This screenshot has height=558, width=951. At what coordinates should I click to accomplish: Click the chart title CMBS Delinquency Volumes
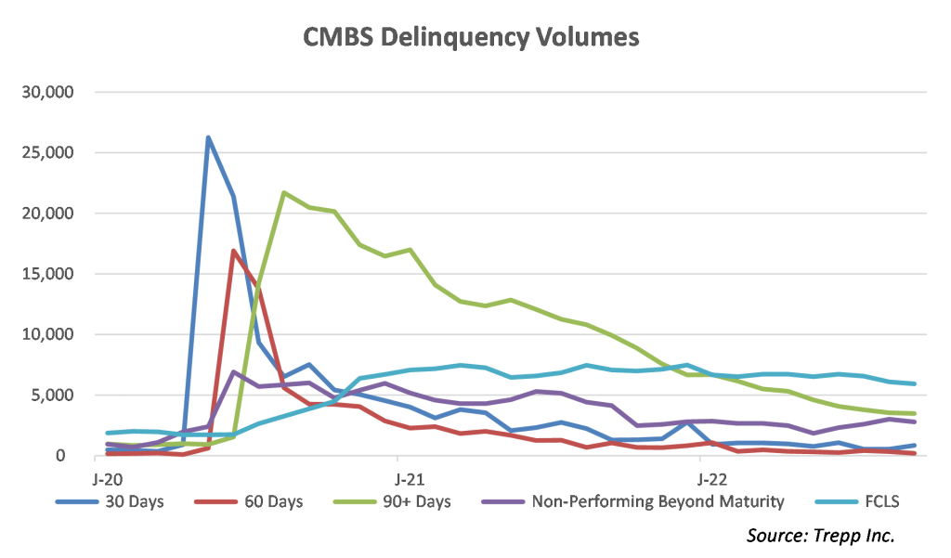472,37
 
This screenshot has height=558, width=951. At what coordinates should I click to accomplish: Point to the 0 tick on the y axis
79,456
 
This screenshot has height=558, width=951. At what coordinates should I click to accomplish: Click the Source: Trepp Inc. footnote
820,536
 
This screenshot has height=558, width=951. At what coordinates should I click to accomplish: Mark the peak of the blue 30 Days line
208,137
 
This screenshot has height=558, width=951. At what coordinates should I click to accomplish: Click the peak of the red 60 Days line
233,251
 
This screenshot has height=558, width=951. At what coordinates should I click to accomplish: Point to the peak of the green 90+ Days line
283,192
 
